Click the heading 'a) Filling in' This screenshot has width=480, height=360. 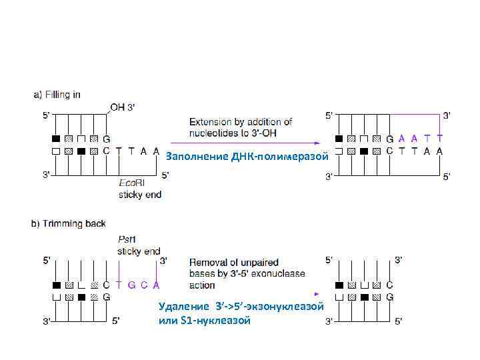tap(57, 95)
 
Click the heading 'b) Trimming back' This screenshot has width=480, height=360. tap(68, 223)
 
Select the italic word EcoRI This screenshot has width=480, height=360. tap(130, 182)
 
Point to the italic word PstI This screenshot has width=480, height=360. tap(127, 240)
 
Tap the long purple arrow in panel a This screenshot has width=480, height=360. tap(243, 142)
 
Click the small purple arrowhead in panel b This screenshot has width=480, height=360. tap(316, 293)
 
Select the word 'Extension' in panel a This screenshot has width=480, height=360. tap(212, 121)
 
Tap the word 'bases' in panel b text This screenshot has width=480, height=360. tap(203, 273)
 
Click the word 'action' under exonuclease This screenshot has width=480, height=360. tap(203, 285)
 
